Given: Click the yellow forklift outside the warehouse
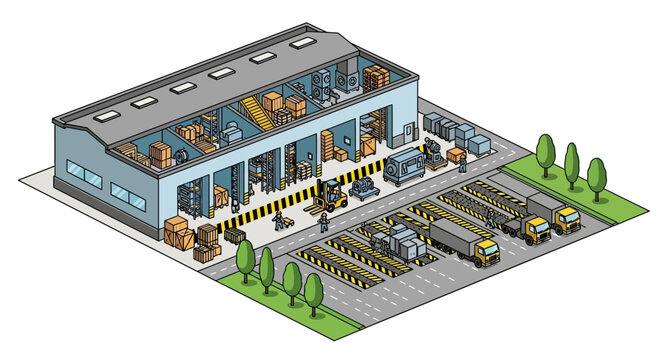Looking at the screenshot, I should coord(330,196).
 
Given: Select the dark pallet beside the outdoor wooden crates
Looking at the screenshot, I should coord(235,236).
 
